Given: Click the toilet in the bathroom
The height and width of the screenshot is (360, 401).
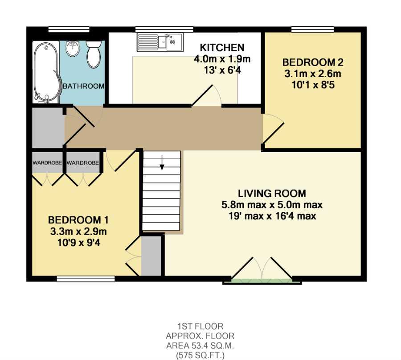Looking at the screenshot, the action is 94,54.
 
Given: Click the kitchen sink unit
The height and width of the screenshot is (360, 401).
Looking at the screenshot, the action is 160,42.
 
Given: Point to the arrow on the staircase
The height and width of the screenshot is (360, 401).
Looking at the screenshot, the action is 162,162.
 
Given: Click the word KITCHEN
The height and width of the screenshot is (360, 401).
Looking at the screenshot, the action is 222,48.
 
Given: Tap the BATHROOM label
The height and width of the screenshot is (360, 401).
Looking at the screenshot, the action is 84,86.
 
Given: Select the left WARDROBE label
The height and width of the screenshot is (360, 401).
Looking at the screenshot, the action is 47,162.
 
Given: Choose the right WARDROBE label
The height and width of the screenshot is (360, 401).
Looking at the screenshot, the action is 82,162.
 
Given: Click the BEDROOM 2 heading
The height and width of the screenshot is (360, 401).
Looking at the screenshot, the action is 313,62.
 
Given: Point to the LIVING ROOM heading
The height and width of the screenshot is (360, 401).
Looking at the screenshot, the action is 272,193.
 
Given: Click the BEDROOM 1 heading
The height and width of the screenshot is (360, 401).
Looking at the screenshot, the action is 78,220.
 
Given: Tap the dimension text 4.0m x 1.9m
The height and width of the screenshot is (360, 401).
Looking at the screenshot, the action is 222,59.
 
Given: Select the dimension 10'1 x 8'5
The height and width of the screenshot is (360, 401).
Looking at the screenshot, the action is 313,85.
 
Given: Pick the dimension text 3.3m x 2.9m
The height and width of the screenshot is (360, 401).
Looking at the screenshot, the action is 78,232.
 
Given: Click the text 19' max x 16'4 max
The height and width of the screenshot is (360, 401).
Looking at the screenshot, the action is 272,216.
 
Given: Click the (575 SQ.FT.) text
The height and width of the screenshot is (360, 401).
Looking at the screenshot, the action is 200,356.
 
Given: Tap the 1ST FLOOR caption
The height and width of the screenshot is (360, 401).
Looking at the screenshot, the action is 200,326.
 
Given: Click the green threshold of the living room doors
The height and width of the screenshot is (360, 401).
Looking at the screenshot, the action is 262,281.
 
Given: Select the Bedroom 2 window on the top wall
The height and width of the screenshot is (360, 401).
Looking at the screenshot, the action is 313,29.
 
